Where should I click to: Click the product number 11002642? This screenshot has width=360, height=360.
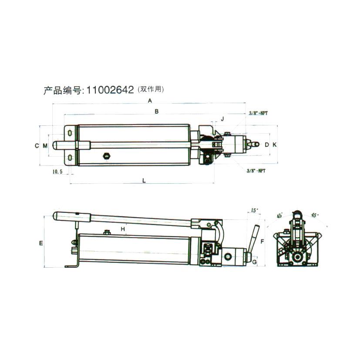click(x=110, y=90)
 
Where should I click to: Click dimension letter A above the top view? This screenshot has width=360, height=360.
click(x=150, y=101)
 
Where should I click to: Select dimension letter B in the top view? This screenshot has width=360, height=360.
click(x=157, y=111)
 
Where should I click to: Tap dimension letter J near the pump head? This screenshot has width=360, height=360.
click(x=222, y=119)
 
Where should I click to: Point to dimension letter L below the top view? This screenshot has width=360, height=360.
click(x=144, y=181)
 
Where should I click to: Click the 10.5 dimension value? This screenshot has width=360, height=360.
click(x=57, y=172)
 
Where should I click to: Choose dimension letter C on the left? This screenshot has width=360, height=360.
click(x=37, y=145)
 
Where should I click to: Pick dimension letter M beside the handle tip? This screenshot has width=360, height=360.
click(x=45, y=145)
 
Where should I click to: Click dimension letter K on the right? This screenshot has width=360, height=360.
click(x=274, y=145)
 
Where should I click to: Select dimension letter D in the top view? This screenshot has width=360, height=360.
click(x=266, y=145)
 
